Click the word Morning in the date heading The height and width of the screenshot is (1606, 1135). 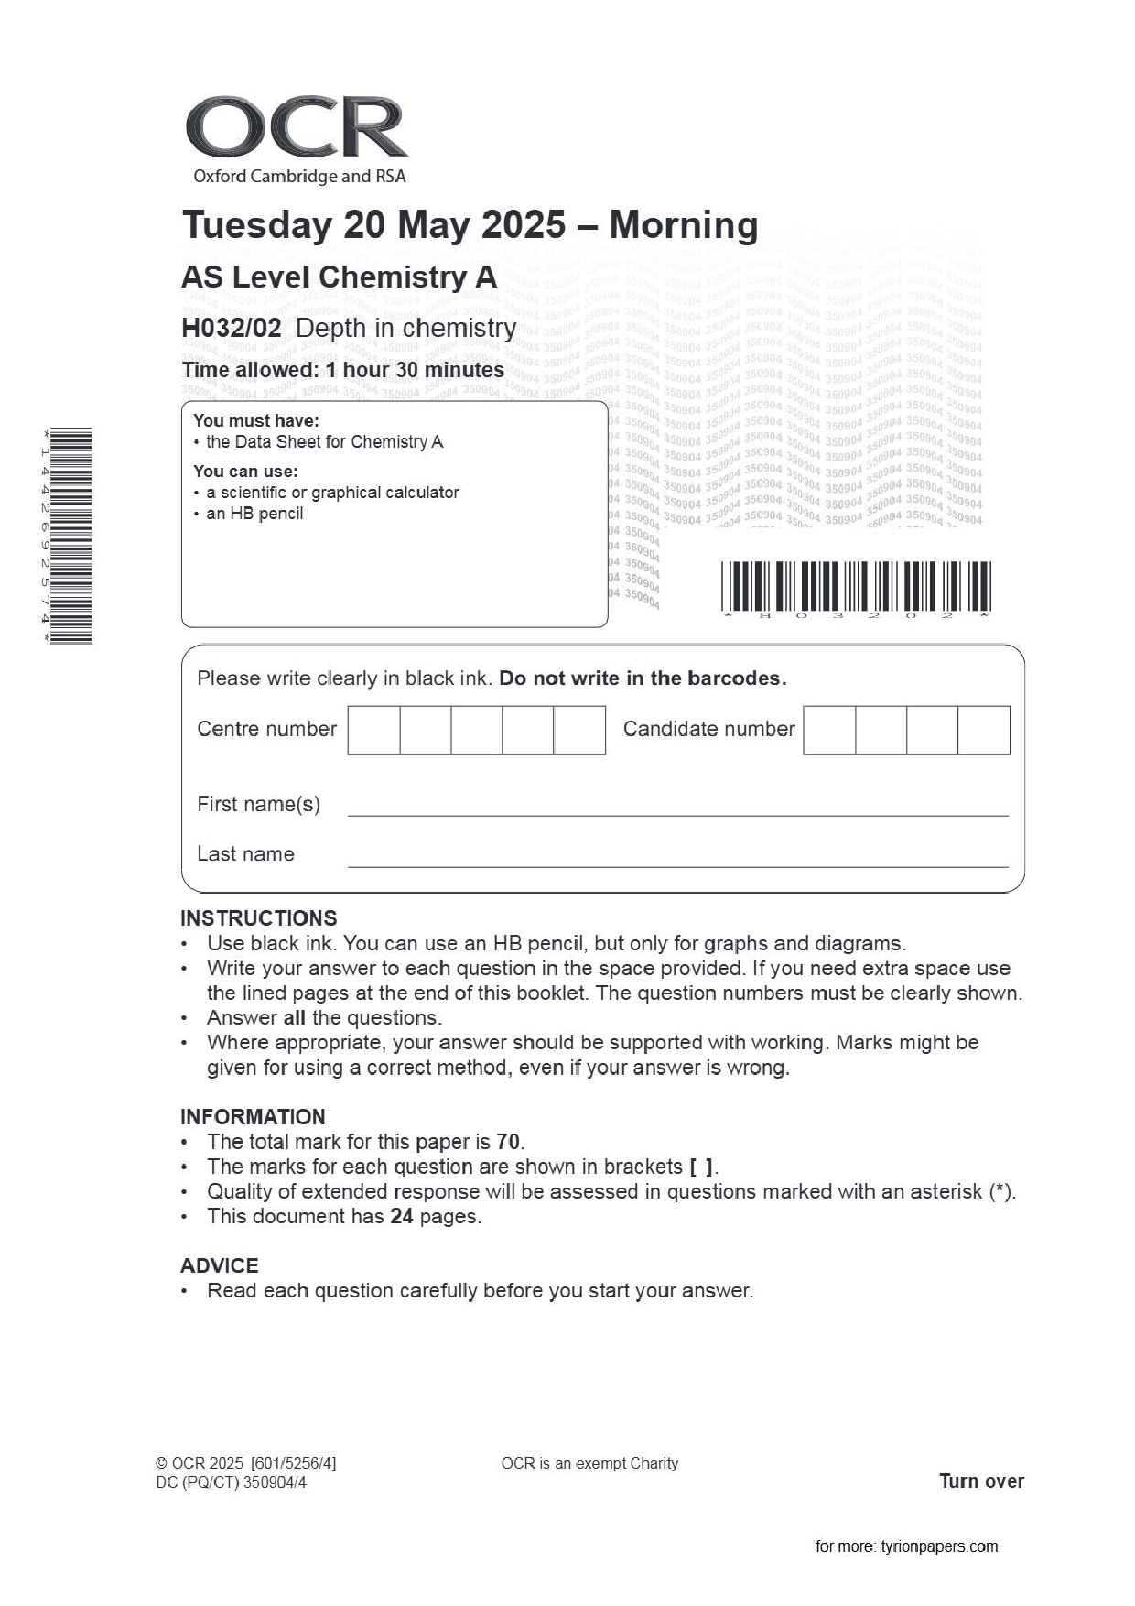(683, 225)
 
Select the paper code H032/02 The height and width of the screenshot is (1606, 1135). (231, 328)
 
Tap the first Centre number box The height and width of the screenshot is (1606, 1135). (373, 730)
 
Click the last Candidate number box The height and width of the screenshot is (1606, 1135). (983, 730)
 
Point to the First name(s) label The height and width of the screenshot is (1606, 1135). (258, 804)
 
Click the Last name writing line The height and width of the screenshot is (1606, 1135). (677, 863)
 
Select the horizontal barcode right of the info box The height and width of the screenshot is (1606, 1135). (855, 586)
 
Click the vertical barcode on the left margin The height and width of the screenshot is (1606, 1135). (70, 536)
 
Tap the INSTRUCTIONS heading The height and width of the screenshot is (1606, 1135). (258, 918)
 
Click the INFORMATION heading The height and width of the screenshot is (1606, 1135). (253, 1117)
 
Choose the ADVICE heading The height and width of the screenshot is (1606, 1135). (219, 1265)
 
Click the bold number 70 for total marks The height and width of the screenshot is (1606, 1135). (508, 1142)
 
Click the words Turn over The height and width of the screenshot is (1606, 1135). (981, 1481)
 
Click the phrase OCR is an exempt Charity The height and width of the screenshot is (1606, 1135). (589, 1463)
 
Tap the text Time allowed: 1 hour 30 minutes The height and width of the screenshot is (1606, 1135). (342, 370)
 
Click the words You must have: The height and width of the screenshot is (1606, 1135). (255, 420)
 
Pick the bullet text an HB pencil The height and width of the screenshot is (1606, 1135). (254, 514)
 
